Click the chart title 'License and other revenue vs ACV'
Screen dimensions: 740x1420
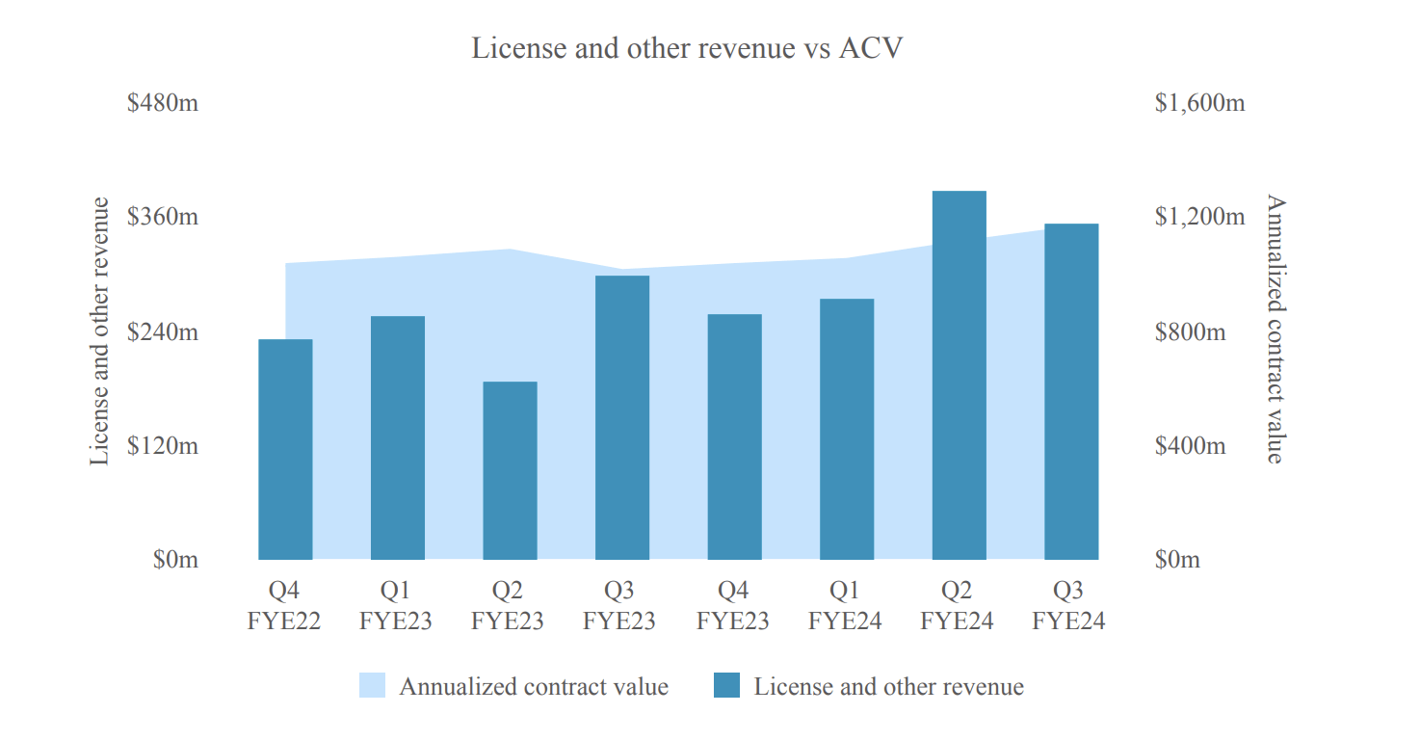point(687,48)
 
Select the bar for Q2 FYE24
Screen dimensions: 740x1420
point(959,375)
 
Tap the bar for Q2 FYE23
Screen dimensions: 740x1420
point(510,470)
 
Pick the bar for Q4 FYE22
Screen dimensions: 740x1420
point(285,449)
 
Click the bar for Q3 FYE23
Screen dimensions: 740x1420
point(621,417)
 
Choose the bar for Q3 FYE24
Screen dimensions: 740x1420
point(1071,391)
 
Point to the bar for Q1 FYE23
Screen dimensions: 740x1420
point(398,437)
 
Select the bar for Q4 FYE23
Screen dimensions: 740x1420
point(734,436)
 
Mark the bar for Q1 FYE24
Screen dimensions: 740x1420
point(846,429)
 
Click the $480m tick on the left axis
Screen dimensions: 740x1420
point(163,102)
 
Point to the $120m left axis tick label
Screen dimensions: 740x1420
point(163,446)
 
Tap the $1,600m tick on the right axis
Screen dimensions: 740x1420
point(1199,102)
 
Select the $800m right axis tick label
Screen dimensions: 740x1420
point(1190,332)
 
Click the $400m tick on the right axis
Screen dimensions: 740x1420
point(1190,446)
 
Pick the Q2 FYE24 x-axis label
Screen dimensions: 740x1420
point(957,605)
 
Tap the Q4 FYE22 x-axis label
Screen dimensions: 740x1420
point(284,605)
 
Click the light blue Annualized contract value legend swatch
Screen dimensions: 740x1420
point(372,686)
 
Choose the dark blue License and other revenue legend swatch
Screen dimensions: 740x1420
point(726,686)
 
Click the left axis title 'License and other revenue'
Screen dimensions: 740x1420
point(99,331)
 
